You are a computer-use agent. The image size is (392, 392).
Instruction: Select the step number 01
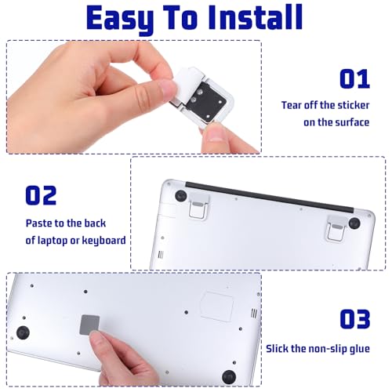(354, 78)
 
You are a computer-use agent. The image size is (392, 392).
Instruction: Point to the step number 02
(41, 195)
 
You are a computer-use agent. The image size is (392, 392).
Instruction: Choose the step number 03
(355, 318)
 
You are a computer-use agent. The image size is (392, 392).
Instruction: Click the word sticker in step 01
(354, 105)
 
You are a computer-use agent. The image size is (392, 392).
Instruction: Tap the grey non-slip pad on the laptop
(89, 325)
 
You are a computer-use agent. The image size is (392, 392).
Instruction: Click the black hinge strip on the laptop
(270, 198)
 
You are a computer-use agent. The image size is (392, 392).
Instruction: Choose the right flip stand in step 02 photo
(337, 227)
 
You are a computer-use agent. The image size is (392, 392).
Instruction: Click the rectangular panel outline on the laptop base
(217, 307)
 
